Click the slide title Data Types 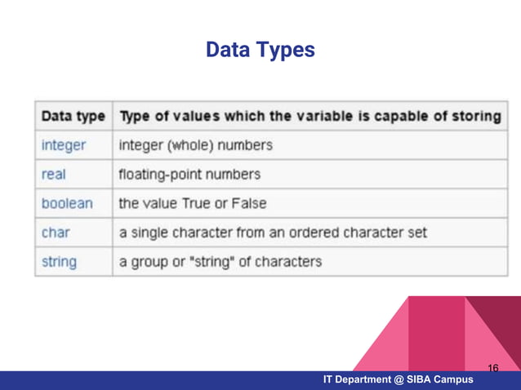coord(260,51)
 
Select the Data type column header coord(73,116)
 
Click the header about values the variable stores coord(310,116)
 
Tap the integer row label coord(64,145)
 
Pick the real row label coord(54,174)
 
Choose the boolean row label coord(67,203)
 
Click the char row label coord(56,233)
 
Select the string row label coord(59,262)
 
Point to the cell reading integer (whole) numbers coord(196,145)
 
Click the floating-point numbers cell coord(190,174)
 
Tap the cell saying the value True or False coord(193,203)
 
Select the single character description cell coord(273,233)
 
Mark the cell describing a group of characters coord(220,262)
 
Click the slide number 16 coord(492,369)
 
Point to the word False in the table coord(249,203)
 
